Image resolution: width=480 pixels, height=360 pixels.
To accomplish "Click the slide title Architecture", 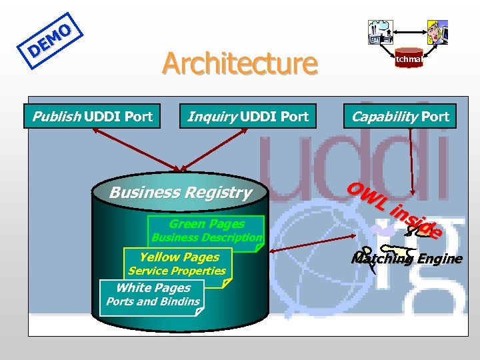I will coord(239,64).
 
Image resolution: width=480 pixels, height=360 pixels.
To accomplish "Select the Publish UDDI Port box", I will coord(92,117).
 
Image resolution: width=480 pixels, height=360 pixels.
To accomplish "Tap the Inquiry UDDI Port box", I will coord(248,117).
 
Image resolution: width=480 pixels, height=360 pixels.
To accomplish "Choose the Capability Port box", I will coord(400,117).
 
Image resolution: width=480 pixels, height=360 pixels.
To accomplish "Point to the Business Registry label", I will coord(180,193).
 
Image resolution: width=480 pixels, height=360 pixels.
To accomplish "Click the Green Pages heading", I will coord(207,224).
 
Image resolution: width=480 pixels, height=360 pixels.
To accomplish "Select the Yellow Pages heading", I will coord(179,257).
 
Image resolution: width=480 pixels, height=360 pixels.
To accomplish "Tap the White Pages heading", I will coord(153,287).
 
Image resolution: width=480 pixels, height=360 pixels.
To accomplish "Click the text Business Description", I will coord(207,237).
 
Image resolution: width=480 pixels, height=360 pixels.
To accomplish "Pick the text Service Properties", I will coord(177,271).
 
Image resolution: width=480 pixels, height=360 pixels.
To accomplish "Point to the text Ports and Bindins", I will coord(153,301).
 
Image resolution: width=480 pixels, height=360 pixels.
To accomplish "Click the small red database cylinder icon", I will coord(409,59).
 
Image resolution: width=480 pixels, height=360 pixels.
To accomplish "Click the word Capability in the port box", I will coord(385,117).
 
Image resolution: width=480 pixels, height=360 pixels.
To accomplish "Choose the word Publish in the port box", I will coord(56,117).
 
